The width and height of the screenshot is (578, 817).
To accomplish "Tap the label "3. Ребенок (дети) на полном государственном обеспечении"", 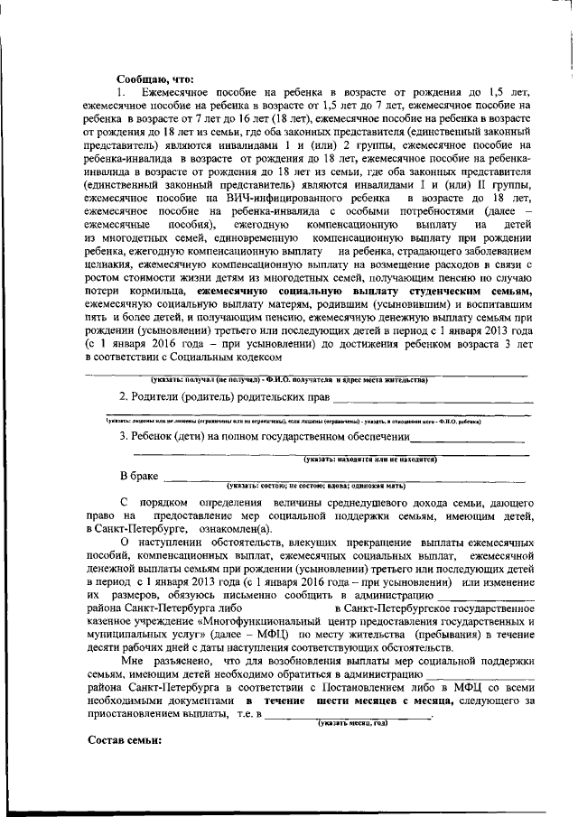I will (x=263, y=438).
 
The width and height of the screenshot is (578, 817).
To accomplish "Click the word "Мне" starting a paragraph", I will (x=134, y=662).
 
